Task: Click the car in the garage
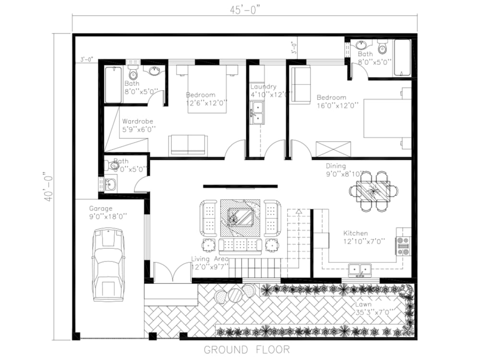pos(108,264)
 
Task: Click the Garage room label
pos(101,209)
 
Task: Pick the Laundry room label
pos(263,87)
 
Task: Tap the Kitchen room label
pos(356,233)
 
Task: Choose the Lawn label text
pos(363,304)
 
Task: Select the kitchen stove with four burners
pos(403,245)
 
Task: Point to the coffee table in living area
pos(240,218)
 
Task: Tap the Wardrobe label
pos(137,121)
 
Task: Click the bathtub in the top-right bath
pos(402,58)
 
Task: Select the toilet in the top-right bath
pos(383,48)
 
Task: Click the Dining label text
pos(336,166)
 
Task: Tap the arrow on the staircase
pos(299,211)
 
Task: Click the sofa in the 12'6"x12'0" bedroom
pos(188,144)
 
